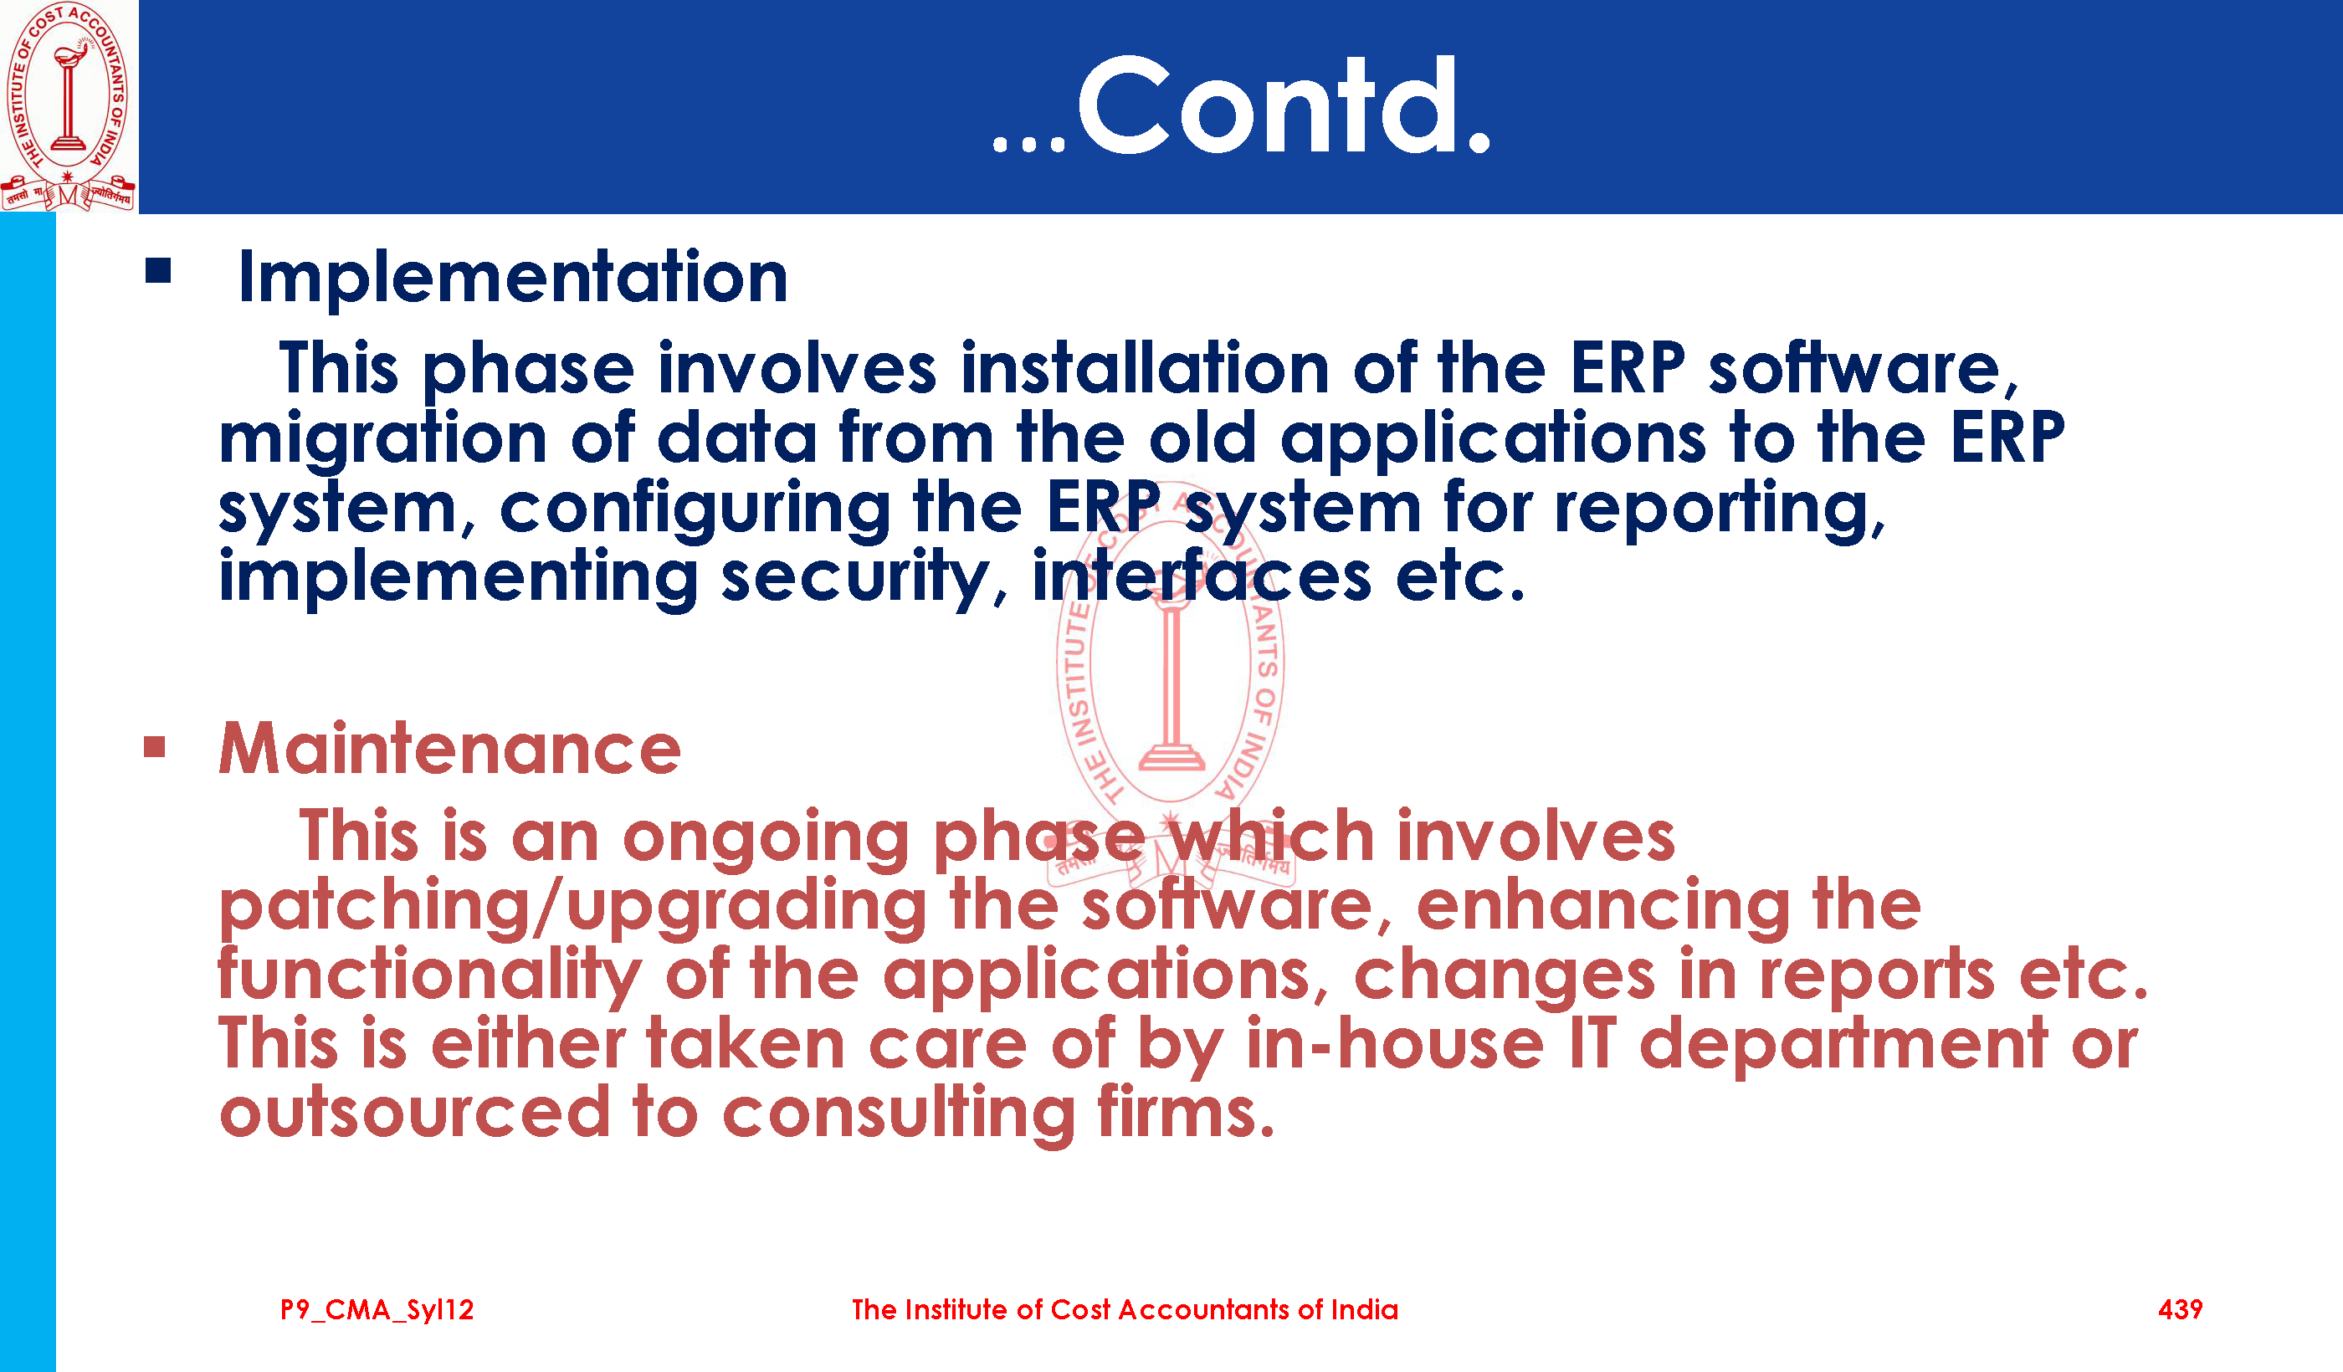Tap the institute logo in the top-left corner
click(x=68, y=106)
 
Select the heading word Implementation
click(x=513, y=278)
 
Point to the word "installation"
click(x=1145, y=368)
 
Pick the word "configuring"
click(x=695, y=510)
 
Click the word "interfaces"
click(x=1202, y=576)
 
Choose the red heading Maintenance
click(x=450, y=750)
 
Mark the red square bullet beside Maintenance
click(x=154, y=747)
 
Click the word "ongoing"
click(x=765, y=839)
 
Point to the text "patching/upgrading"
click(x=572, y=907)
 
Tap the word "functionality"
click(x=429, y=977)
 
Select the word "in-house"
click(x=1396, y=1043)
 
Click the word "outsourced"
click(x=415, y=1113)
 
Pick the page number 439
click(x=2181, y=1310)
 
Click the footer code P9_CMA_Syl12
click(x=377, y=1311)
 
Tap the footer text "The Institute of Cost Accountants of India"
click(x=1125, y=1310)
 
